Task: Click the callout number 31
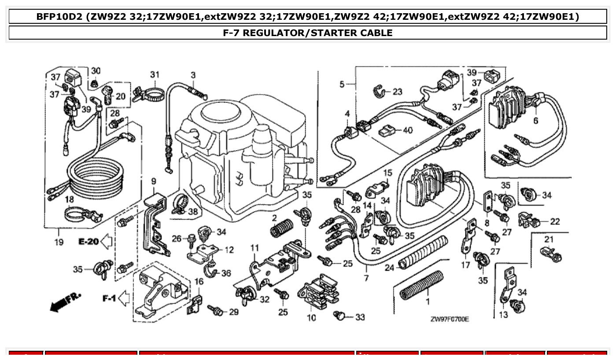154,74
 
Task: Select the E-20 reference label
89,241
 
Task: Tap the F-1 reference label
110,298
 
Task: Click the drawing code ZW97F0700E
450,319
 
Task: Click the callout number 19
59,242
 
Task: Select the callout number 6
535,121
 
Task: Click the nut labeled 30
93,83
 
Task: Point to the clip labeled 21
550,254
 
